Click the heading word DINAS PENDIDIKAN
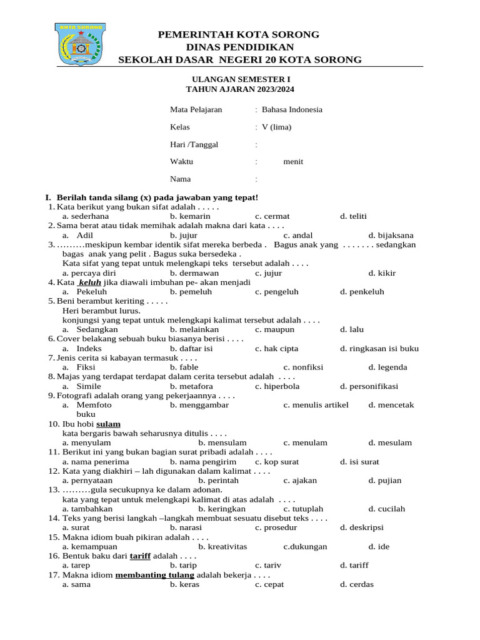click(x=240, y=47)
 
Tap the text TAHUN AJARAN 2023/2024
click(x=241, y=90)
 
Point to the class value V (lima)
click(x=276, y=127)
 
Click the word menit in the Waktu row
click(x=293, y=161)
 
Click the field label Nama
click(x=181, y=179)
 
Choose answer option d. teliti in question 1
click(x=353, y=216)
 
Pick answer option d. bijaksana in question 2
click(x=391, y=236)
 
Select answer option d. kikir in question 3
click(x=382, y=273)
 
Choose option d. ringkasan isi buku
click(x=379, y=349)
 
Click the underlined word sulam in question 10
click(x=108, y=424)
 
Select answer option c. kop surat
click(x=277, y=462)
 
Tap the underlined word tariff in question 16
click(x=140, y=556)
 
